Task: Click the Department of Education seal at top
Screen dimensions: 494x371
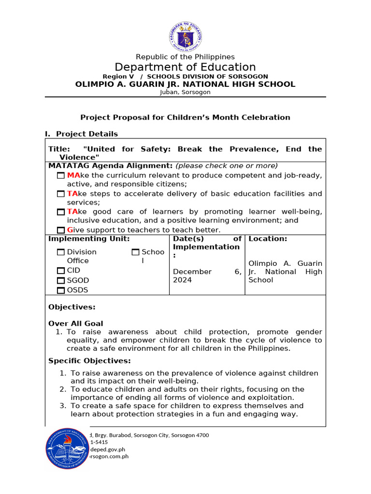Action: (185, 32)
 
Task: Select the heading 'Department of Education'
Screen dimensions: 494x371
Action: (185, 67)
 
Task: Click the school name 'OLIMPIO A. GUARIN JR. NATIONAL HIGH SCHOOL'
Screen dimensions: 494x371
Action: (185, 84)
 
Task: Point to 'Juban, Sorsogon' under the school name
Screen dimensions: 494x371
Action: (185, 92)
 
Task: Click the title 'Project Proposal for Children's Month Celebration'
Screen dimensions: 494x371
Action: (185, 117)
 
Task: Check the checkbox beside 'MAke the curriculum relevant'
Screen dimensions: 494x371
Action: (60, 176)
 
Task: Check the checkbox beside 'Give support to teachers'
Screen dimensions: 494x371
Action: (60, 230)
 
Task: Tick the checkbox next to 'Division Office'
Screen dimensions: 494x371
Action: (60, 252)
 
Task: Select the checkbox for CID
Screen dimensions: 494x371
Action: (60, 271)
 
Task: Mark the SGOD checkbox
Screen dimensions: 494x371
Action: (60, 281)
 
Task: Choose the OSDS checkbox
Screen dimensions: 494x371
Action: (60, 290)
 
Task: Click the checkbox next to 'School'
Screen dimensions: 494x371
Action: (135, 252)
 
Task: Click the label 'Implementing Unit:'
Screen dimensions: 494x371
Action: (89, 239)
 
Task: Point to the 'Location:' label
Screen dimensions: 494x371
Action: (268, 239)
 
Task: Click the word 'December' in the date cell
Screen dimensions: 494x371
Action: (192, 272)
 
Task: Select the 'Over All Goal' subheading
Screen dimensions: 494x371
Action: (76, 324)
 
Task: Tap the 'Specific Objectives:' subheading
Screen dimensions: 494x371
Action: (89, 361)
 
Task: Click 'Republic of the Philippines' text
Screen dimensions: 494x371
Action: (185, 57)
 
